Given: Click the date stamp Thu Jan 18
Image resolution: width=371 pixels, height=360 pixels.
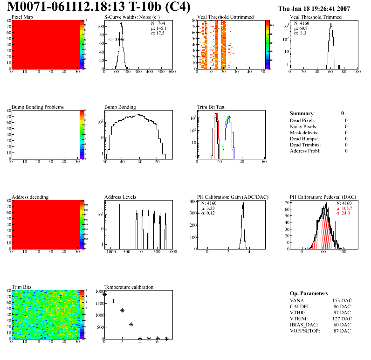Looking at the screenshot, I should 314,9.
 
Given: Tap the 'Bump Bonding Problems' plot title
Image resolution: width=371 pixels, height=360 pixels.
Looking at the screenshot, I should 38,107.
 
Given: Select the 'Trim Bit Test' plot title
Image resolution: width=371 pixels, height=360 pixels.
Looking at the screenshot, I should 211,107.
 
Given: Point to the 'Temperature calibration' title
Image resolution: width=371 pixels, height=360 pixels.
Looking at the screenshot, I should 129,287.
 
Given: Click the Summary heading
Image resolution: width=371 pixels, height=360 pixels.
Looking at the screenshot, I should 302,113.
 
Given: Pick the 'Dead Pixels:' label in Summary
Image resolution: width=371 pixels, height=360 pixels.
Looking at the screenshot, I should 303,120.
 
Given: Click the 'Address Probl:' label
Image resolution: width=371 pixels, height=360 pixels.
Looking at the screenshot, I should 305,151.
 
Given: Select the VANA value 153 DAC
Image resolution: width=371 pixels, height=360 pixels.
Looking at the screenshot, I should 342,300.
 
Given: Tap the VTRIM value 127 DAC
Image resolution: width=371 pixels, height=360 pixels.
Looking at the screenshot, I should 342,318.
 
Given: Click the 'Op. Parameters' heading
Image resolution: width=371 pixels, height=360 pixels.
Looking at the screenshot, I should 309,293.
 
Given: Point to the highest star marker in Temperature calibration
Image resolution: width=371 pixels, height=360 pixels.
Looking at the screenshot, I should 105,294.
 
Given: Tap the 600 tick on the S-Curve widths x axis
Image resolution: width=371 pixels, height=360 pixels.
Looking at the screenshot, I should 172,72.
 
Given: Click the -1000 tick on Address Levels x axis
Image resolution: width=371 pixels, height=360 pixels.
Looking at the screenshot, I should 110,252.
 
